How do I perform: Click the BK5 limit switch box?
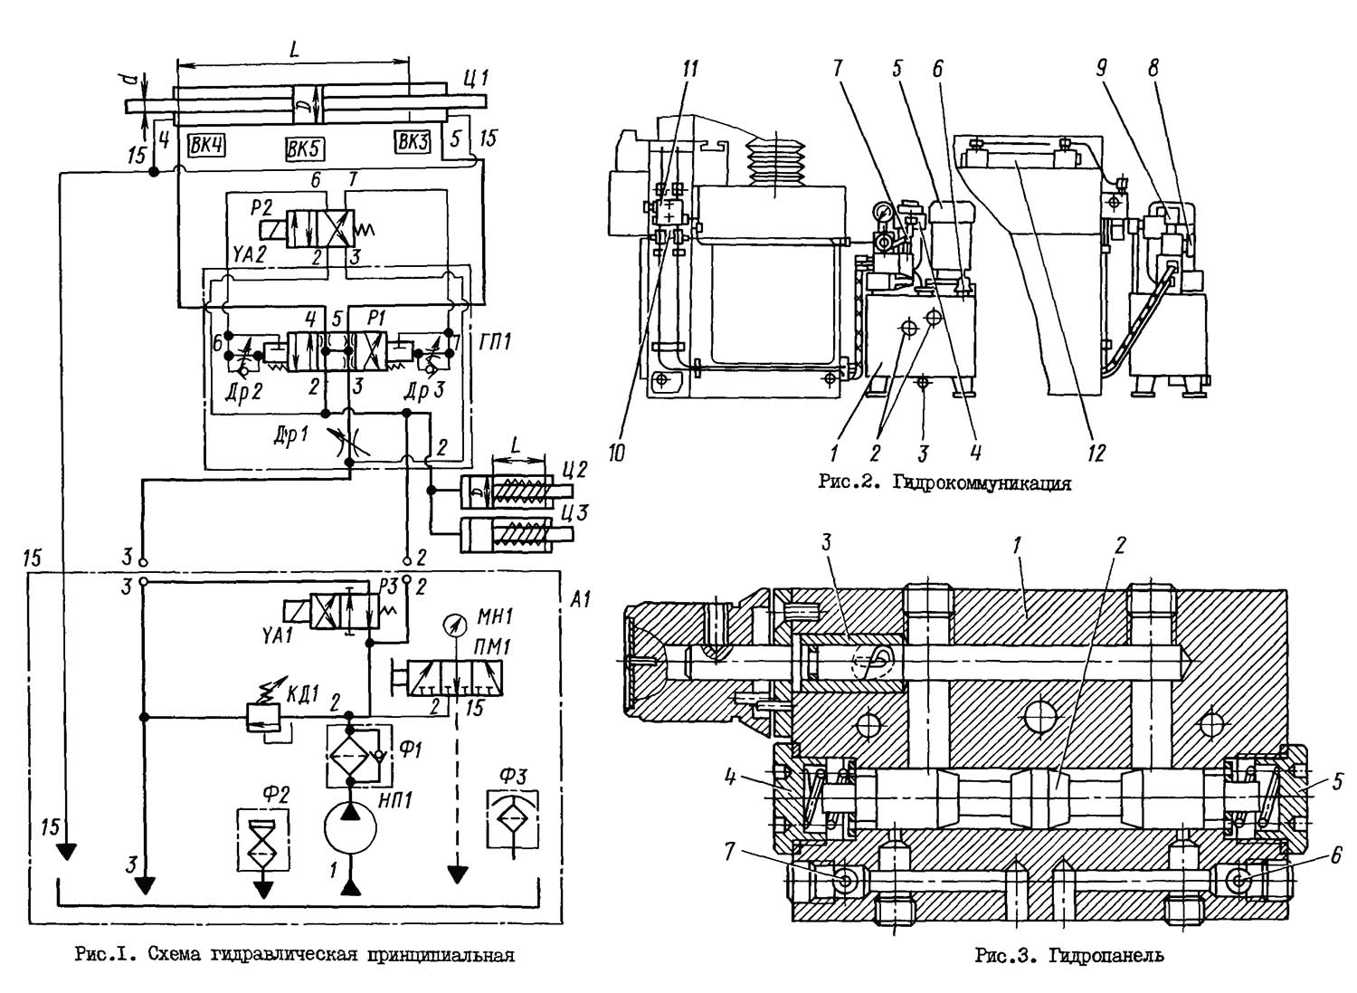click(305, 148)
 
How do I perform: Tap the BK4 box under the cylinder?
click(207, 143)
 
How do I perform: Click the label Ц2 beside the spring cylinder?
click(575, 471)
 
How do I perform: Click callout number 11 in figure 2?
click(690, 69)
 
